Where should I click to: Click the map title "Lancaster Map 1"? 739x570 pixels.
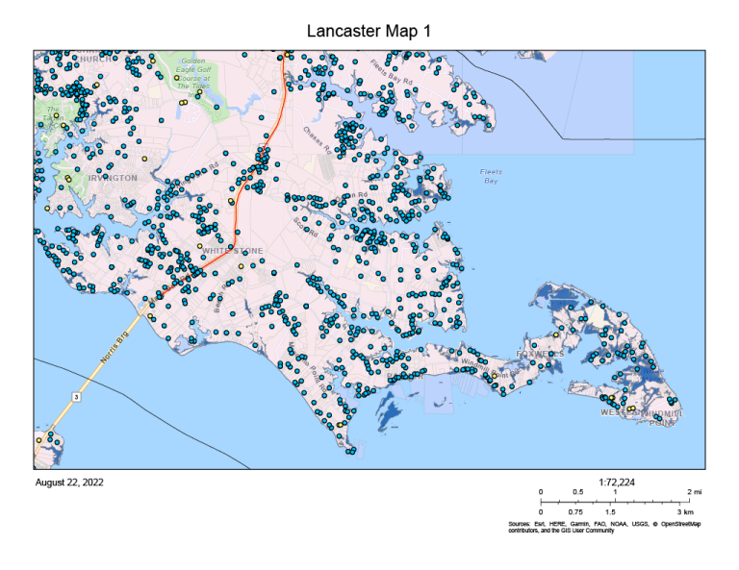pos(369,32)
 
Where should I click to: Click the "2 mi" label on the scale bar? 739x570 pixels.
pos(695,492)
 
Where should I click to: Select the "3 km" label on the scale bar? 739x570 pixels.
pos(686,512)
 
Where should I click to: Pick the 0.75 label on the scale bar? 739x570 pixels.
pos(577,512)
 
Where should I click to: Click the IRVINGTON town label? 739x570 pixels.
pos(113,178)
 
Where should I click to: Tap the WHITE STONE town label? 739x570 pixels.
pos(232,251)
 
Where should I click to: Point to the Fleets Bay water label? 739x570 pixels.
pos(491,176)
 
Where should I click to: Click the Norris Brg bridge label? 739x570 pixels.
pos(114,344)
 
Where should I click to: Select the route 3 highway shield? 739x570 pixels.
pos(75,395)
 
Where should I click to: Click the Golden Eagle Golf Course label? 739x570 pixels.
pos(193,72)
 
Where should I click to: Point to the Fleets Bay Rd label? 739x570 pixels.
pos(392,73)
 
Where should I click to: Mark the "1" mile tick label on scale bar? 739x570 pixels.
pos(615,492)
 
